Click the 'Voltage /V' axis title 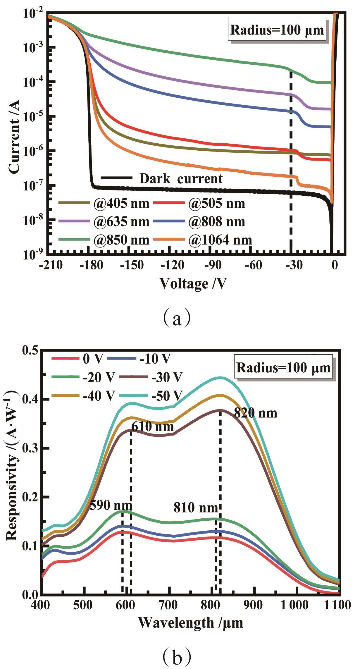(193, 283)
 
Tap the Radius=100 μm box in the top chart (277, 30)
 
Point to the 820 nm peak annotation (255, 413)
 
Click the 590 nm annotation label (111, 505)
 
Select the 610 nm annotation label (152, 427)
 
